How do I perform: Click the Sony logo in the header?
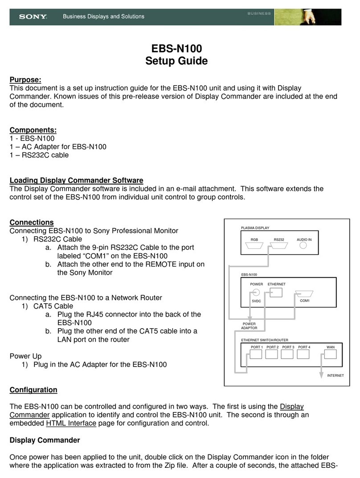coord(33,17)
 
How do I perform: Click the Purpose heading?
coord(25,80)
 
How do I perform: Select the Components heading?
coord(33,130)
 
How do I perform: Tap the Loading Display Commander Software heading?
coord(76,180)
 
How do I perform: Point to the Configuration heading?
coord(33,390)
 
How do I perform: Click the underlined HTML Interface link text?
coord(71,423)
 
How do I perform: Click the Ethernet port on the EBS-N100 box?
coord(276,293)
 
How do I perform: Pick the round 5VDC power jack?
coord(256,293)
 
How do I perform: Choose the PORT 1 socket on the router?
coord(256,354)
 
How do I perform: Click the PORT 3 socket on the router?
coord(288,354)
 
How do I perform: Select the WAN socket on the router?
coord(330,354)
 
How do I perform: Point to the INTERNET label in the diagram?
coord(335,375)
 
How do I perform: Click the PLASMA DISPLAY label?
coord(255,228)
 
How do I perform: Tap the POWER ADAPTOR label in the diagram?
coord(249,326)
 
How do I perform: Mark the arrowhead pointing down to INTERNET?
coord(320,375)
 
